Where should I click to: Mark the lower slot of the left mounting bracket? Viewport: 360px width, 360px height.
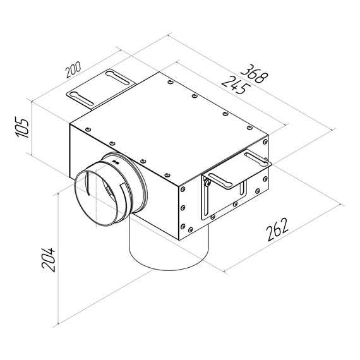(81, 97)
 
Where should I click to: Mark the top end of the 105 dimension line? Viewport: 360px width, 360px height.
(31, 99)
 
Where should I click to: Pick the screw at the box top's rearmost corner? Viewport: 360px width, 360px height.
(171, 81)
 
